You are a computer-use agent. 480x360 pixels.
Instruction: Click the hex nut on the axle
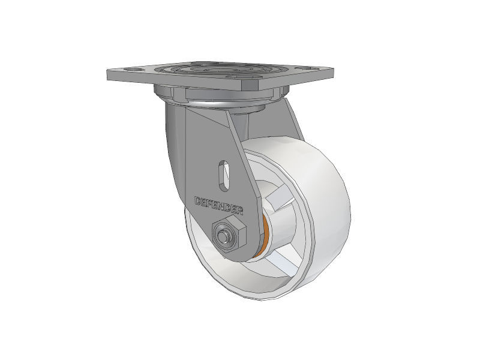(229, 234)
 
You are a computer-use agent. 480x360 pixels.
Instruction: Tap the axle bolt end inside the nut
(223, 235)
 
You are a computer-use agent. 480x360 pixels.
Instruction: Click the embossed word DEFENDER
(219, 206)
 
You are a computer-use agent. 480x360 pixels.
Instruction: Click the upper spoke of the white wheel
(278, 198)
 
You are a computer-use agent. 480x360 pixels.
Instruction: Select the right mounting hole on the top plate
(309, 68)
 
